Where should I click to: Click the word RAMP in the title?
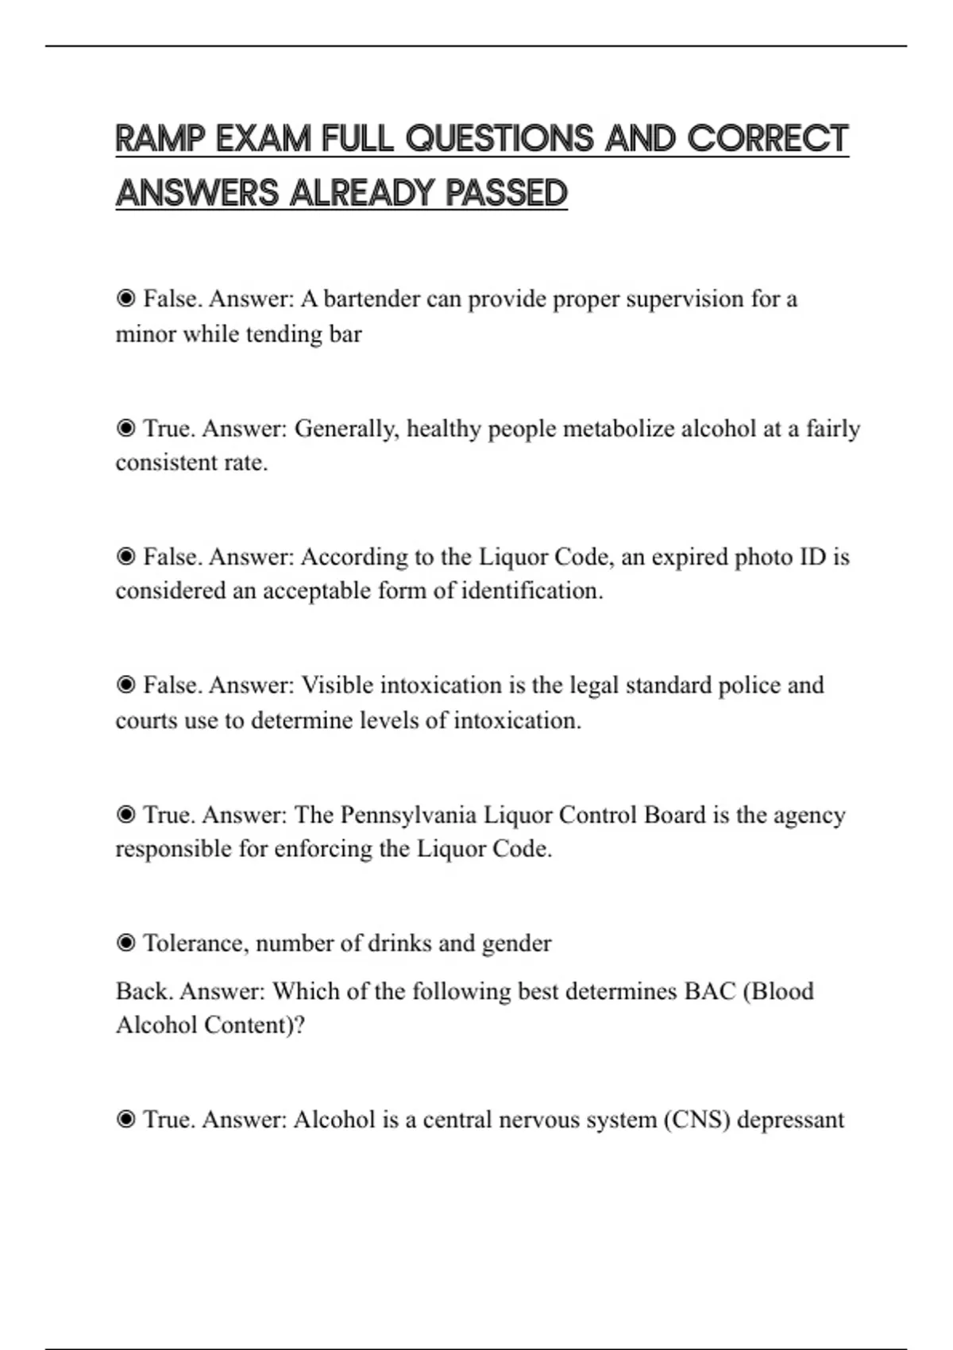point(160,139)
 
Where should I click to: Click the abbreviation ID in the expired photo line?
point(812,557)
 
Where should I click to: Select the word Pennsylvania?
point(408,816)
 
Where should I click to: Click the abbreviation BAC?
point(709,992)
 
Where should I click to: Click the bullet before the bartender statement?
point(125,299)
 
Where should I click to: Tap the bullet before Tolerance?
point(125,943)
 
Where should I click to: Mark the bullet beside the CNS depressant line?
point(125,1120)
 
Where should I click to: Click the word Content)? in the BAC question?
point(254,1026)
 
